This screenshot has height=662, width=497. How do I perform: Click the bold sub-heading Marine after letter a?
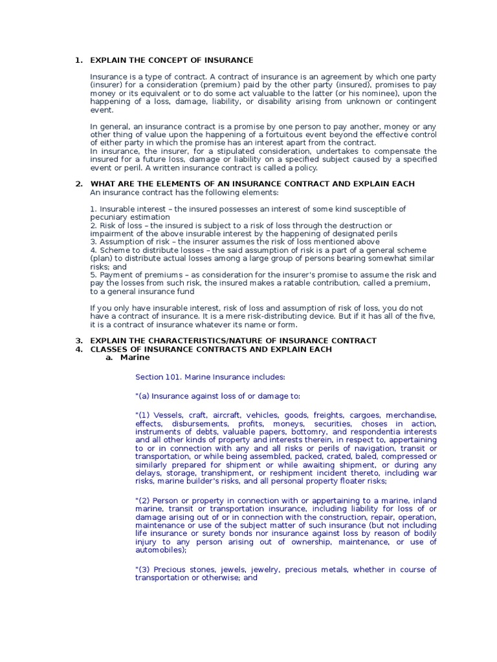[135, 358]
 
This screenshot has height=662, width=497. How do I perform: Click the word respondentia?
[375, 431]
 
